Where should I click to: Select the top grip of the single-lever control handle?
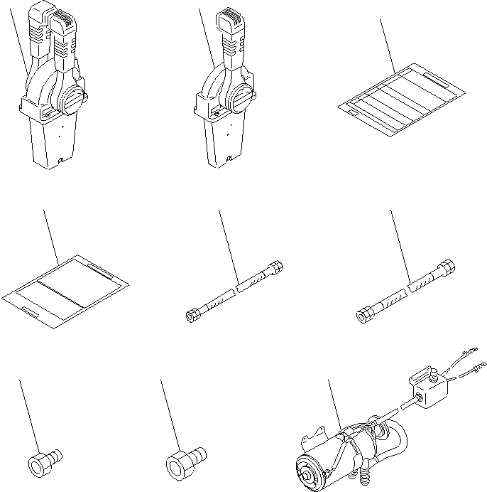click(x=232, y=25)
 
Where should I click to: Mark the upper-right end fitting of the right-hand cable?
click(x=447, y=267)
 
